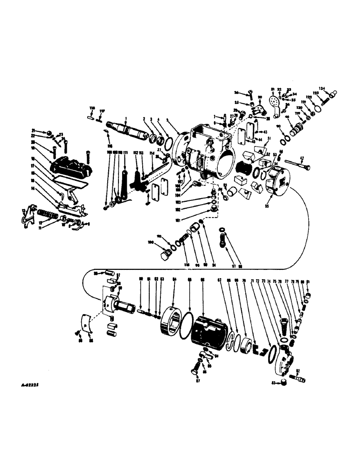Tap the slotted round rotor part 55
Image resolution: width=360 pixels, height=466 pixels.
[279, 182]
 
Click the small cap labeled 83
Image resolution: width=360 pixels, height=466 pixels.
[284, 383]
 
